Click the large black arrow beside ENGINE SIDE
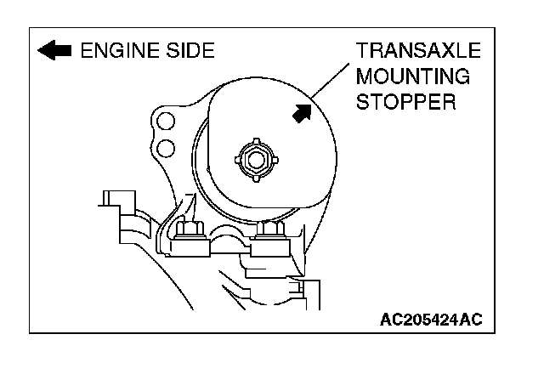54,51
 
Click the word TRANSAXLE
419,51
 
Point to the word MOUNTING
413,77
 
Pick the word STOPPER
407,104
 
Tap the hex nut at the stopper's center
253,157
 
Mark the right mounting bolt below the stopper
270,229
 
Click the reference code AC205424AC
431,320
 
